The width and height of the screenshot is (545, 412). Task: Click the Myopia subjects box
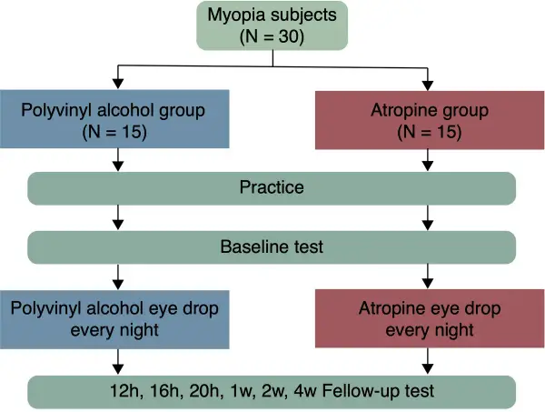[272, 25]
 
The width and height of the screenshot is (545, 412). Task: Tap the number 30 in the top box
[288, 36]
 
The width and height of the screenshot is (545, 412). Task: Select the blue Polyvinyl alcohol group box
[114, 119]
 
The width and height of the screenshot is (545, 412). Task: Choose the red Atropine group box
[430, 120]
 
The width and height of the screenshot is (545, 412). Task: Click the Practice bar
[272, 188]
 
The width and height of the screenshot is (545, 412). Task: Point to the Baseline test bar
[272, 247]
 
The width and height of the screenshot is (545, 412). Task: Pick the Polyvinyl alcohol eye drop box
[114, 319]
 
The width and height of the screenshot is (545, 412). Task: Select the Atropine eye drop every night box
[430, 318]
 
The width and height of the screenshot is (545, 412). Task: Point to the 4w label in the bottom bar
[305, 391]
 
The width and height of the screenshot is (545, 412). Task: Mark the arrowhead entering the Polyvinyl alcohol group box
[118, 84]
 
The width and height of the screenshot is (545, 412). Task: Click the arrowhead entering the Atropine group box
[428, 85]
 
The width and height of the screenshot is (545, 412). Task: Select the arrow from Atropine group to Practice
[428, 160]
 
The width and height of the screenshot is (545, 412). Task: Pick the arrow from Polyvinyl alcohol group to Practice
[118, 160]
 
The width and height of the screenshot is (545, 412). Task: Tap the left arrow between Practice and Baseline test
[118, 217]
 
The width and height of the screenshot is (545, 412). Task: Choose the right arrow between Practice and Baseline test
[428, 217]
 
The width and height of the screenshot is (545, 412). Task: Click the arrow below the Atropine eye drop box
[428, 361]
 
